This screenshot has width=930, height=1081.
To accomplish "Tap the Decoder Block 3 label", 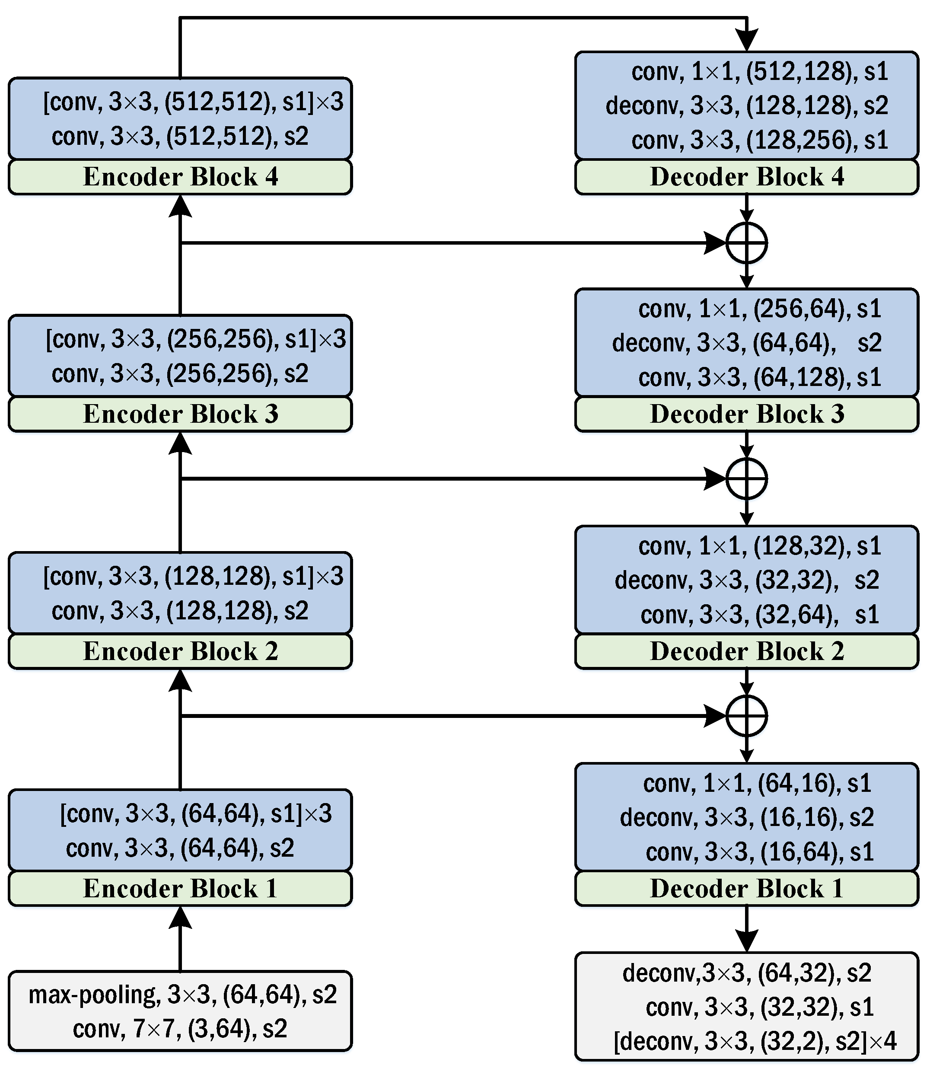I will click(746, 414).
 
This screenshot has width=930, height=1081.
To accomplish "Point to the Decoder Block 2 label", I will click(746, 651).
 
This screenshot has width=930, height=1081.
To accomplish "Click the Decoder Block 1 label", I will click(746, 889).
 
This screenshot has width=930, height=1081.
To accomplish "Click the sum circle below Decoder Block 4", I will click(746, 243).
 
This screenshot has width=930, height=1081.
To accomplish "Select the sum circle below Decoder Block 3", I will click(746, 479).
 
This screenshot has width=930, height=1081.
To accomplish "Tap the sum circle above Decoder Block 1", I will click(746, 716).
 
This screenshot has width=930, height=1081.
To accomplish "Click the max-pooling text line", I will click(182, 995).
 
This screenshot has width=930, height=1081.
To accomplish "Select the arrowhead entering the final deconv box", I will click(746, 940).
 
